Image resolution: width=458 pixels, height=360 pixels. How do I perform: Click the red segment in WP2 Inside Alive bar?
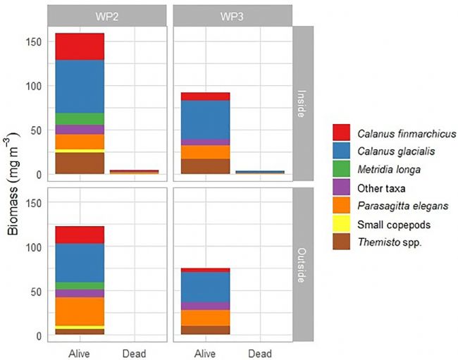point(75,46)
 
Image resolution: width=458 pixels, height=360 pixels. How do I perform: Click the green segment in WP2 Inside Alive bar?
point(75,118)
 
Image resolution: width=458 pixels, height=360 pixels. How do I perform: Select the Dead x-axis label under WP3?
point(261,352)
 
